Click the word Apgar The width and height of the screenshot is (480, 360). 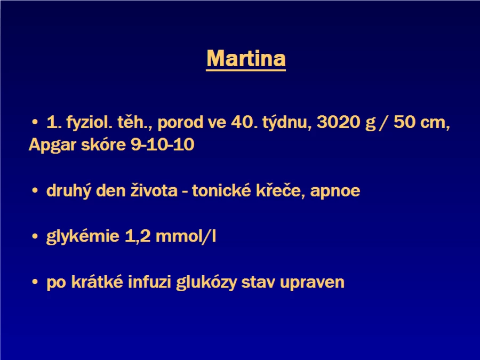[52, 145]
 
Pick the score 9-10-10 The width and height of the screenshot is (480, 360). [163, 145]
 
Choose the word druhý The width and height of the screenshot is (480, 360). [69, 191]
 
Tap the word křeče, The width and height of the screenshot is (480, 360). [281, 190]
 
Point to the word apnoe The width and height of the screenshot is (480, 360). [335, 191]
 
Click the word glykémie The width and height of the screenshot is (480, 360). [83, 237]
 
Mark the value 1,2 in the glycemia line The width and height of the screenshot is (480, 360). [138, 236]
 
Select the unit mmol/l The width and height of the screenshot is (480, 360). [186, 236]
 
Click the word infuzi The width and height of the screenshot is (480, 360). [149, 282]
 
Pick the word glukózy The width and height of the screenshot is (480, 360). [206, 282]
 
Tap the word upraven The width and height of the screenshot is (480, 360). [312, 283]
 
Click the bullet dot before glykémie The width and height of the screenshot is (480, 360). [35, 236]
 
